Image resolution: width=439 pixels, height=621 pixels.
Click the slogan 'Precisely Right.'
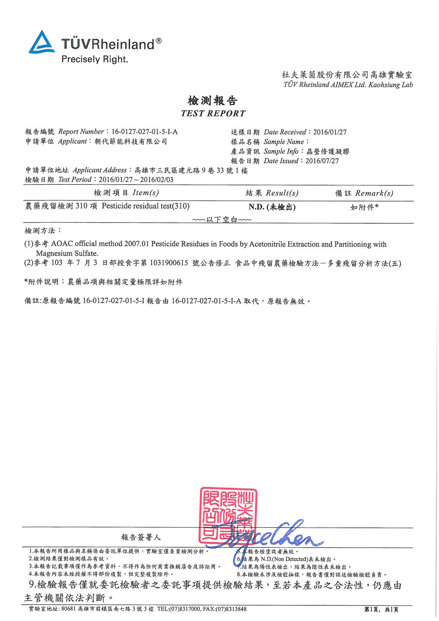(95, 59)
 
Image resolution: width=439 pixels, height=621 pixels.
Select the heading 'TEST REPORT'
(213, 113)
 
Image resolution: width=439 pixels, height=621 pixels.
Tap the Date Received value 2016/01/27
(330, 132)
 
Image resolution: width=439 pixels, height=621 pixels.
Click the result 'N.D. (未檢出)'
(272, 207)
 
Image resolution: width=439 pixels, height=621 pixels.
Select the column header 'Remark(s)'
(374, 193)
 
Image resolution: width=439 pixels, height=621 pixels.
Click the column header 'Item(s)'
(146, 193)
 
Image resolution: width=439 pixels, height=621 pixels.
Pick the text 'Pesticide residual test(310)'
(146, 206)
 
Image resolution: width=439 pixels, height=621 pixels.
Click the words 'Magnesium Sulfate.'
(67, 253)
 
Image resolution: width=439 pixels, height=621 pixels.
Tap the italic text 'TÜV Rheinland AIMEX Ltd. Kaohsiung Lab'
(348, 85)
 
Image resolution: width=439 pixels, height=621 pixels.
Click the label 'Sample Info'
(281, 151)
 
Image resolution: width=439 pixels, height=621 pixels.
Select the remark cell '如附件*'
(364, 207)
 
